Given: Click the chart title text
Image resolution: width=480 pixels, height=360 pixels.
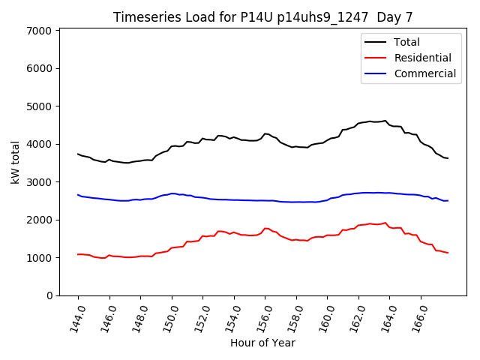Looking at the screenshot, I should tap(262, 16).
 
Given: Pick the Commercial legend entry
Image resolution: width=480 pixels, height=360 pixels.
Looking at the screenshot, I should tap(424, 73).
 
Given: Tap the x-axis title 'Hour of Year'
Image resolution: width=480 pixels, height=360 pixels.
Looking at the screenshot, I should tap(262, 343).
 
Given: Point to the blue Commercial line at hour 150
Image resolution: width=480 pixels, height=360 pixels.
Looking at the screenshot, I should tap(172, 193).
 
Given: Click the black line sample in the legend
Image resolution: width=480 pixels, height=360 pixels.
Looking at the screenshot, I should tap(376, 42).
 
